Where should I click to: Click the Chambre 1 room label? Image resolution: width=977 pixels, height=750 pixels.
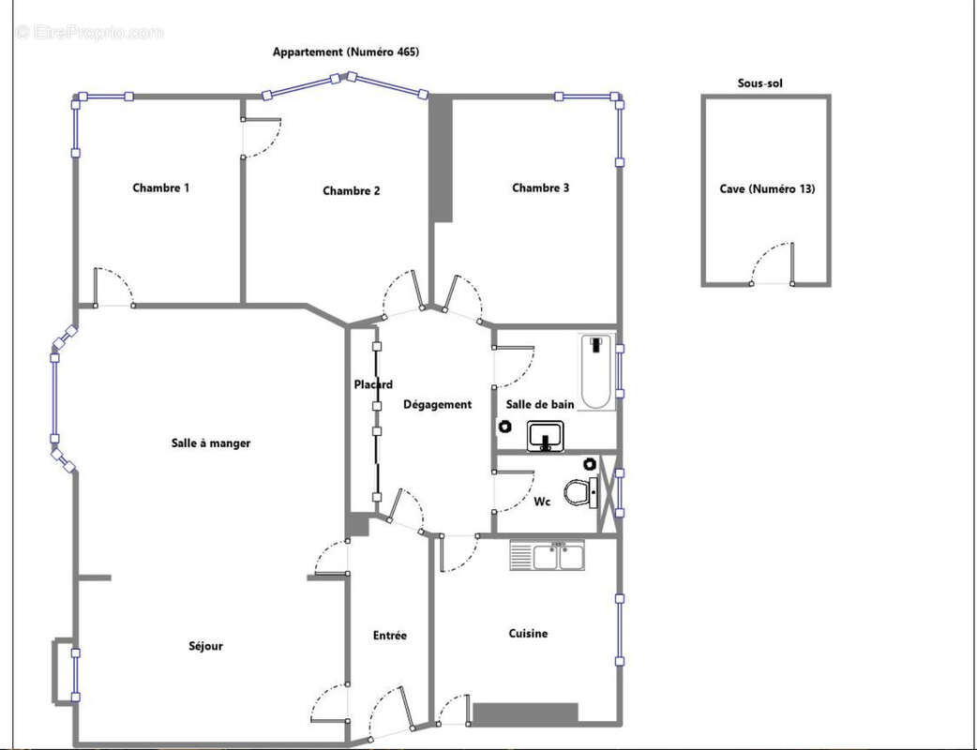[x=160, y=188]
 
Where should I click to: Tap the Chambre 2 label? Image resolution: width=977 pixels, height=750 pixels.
[x=352, y=191]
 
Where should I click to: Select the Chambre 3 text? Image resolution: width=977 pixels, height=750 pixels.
[x=540, y=188]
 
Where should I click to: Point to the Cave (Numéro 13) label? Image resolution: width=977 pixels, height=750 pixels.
[x=767, y=189]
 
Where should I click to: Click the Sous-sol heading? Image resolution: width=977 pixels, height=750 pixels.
[x=759, y=83]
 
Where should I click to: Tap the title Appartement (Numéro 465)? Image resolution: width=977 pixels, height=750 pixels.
[x=346, y=52]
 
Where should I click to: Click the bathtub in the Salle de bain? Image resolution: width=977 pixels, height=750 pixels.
[x=597, y=372]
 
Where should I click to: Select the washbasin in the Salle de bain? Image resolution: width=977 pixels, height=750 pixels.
[x=546, y=435]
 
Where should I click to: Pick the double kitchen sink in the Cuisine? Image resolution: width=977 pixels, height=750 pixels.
[x=547, y=556]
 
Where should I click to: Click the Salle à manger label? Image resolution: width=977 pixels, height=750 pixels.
[x=211, y=443]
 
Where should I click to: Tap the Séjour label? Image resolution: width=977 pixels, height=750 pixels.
[x=205, y=647]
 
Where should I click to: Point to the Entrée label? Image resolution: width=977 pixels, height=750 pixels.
[x=389, y=636]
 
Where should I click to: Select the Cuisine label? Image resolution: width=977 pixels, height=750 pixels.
[x=529, y=634]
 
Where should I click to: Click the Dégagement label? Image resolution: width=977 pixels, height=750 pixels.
[x=438, y=405]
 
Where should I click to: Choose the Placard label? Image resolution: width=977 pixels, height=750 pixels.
[x=373, y=385]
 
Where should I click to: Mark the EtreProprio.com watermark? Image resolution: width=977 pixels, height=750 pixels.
[x=90, y=33]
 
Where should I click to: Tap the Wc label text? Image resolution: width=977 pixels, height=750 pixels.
[x=542, y=502]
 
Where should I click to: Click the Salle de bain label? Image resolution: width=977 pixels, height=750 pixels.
[x=539, y=405]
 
